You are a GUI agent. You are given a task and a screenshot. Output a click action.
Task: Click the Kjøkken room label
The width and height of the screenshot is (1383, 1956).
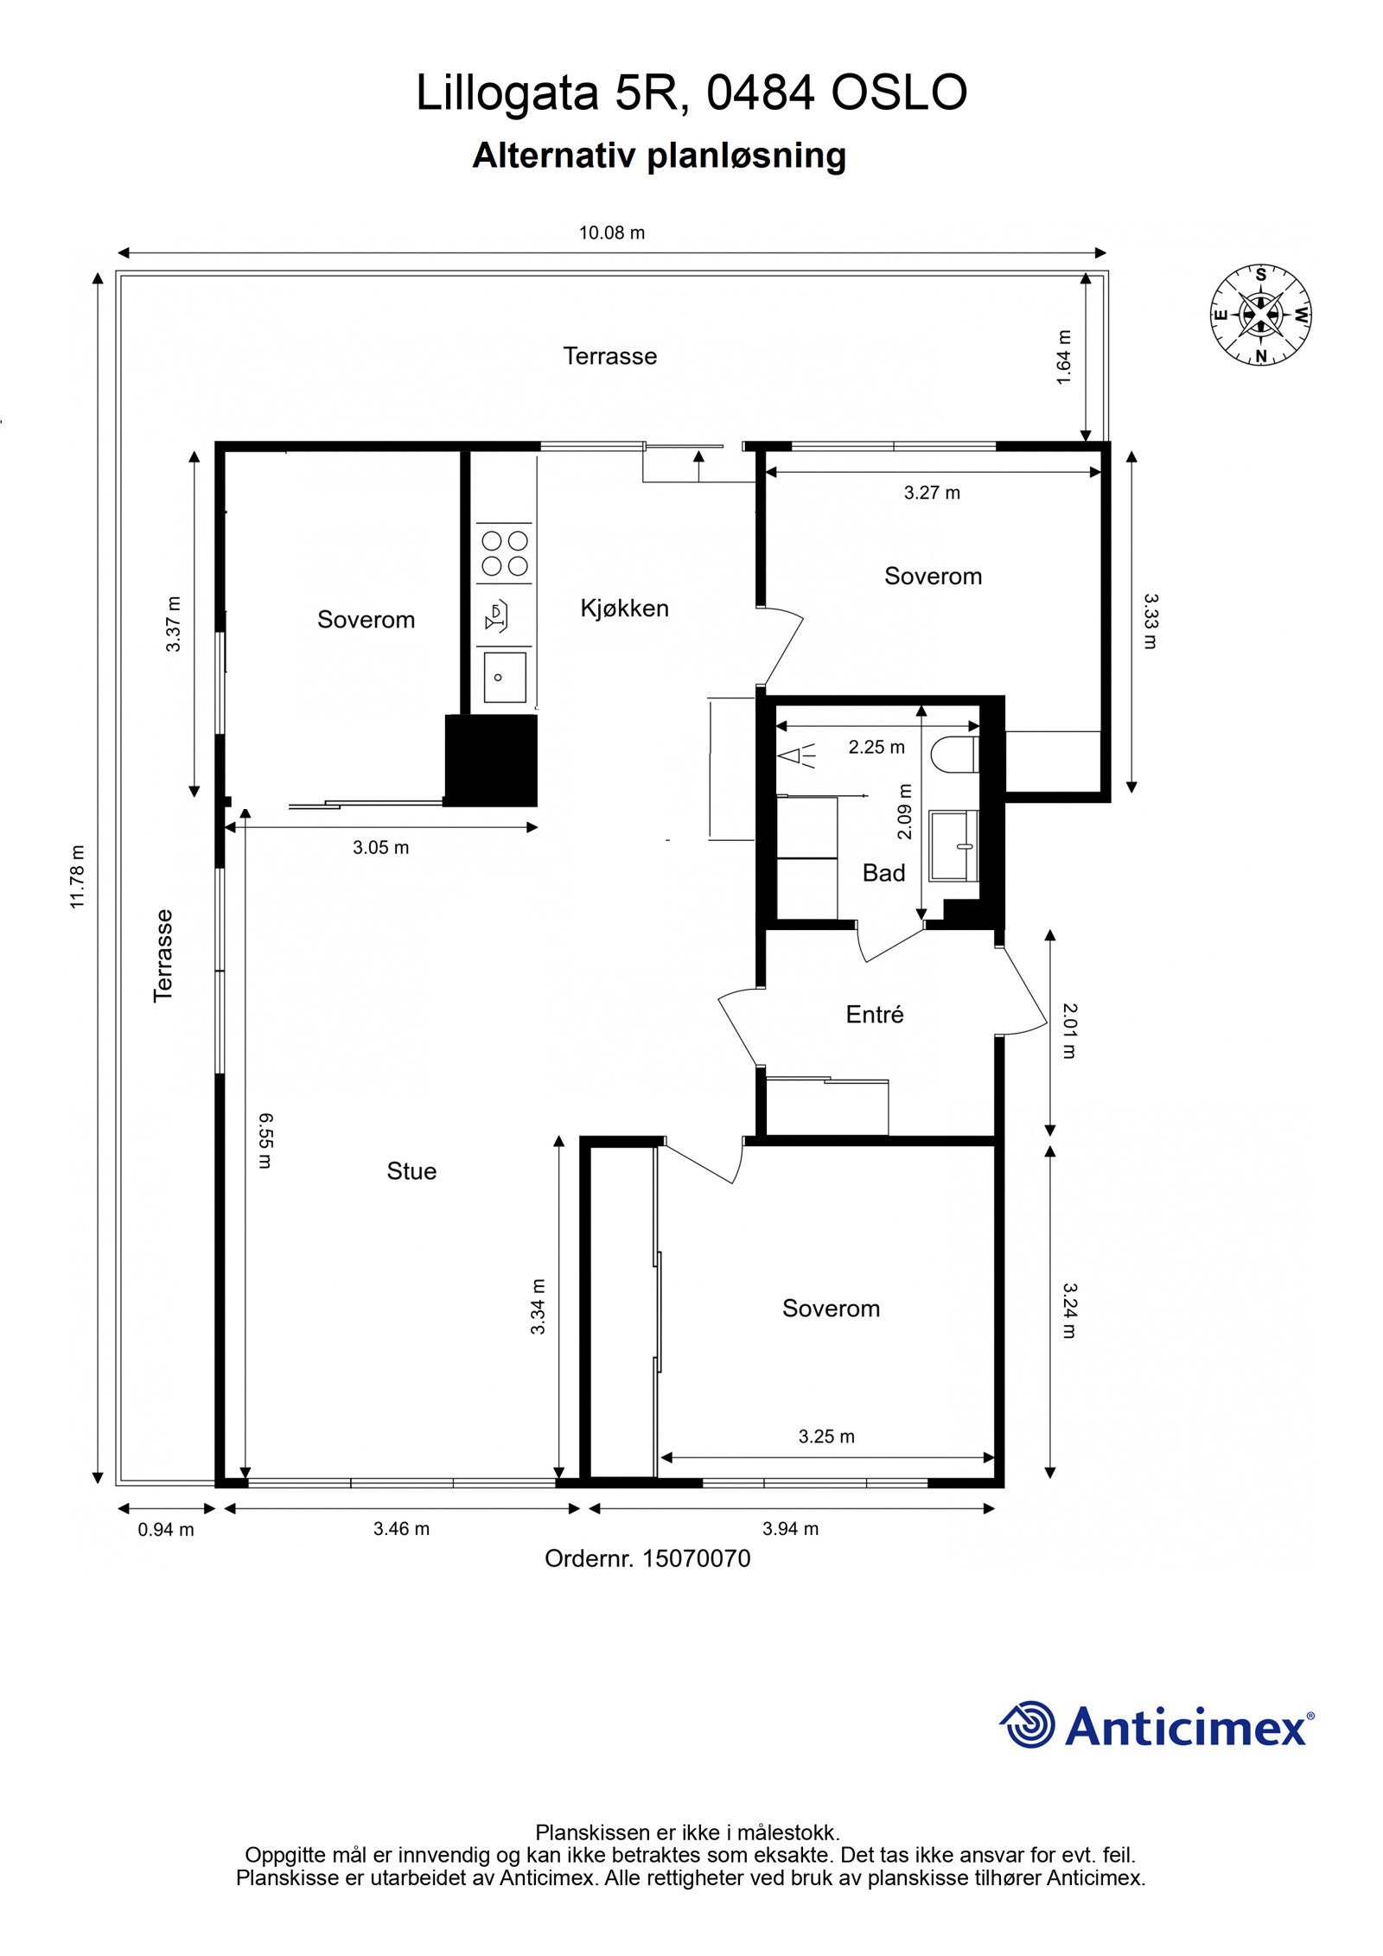[624, 608]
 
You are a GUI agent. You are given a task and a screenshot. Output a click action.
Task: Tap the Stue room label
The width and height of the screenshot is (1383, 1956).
[411, 1171]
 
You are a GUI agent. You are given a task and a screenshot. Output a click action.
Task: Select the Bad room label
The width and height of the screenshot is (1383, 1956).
[883, 873]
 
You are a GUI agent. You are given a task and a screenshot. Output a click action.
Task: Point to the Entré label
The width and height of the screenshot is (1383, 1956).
[875, 1014]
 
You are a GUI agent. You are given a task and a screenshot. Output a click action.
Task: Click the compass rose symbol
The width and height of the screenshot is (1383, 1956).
[1260, 315]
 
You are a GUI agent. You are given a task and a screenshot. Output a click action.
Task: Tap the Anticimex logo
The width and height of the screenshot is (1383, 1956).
[1157, 1725]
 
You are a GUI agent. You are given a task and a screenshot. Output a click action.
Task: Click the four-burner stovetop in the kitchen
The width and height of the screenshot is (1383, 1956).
[505, 553]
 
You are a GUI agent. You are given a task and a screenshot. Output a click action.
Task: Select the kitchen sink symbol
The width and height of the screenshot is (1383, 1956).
[505, 677]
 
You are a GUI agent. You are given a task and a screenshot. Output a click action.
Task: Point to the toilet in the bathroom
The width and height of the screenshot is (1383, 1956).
[955, 754]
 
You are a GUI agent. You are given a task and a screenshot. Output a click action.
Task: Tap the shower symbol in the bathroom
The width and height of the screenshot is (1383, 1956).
[798, 756]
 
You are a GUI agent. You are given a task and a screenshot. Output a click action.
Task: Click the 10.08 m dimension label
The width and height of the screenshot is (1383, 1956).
[612, 233]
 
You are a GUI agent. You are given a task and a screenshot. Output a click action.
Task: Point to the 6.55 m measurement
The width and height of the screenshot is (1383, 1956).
[265, 1140]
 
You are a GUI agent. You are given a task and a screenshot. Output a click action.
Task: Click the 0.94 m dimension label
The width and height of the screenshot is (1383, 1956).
[166, 1529]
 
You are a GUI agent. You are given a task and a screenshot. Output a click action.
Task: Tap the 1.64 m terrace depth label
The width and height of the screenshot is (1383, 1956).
[1064, 357]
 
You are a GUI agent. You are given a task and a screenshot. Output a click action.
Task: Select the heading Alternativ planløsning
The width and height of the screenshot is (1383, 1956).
[659, 156]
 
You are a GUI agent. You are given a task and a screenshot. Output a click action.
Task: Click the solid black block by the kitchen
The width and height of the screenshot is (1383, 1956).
[491, 761]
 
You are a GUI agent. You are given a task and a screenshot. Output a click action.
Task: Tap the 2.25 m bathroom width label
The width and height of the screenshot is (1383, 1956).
[876, 747]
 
